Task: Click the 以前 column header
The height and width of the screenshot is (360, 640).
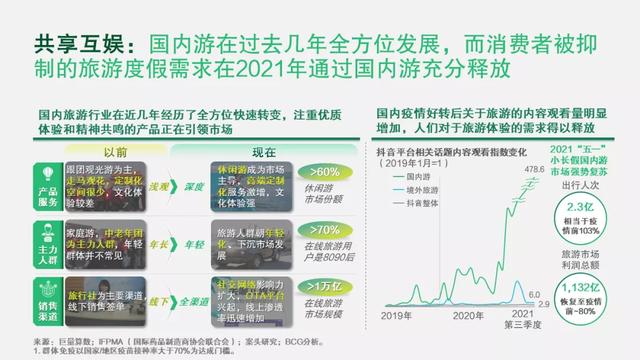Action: pyautogui.click(x=116, y=152)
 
